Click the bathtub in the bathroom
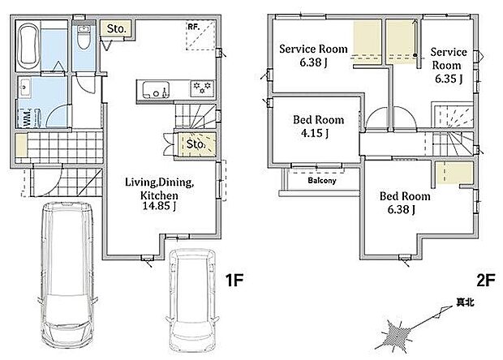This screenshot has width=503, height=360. pos(28,47)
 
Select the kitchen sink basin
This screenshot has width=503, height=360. pos(156,89)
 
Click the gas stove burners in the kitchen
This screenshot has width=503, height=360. pos(203,88)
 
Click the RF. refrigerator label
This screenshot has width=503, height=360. pos(193,27)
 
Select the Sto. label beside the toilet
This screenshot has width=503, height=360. pos(116,29)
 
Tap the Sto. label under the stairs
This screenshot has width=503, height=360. pos(196,144)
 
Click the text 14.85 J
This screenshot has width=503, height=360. pos(159,206)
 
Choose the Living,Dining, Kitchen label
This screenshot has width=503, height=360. pos(160,189)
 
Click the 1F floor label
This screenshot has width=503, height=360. pos(234,281)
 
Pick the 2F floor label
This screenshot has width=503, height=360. pos(486,281)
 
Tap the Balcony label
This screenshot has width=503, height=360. pos(322,181)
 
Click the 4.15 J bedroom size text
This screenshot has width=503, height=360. pos(315,133)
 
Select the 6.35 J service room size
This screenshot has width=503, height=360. pos(449,79)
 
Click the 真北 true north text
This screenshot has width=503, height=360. pos(465,302)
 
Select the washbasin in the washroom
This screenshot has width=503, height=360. pos(24,88)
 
